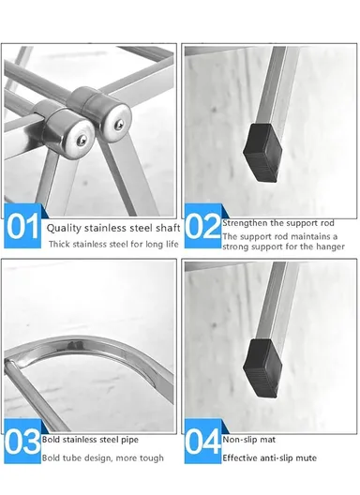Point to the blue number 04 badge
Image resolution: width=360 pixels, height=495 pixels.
pos(201,441)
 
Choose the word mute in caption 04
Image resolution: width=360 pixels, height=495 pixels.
pos(303,458)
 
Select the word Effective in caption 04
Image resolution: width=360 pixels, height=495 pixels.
pos(242,458)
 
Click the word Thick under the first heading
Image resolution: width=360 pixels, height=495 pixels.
pos(59,245)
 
